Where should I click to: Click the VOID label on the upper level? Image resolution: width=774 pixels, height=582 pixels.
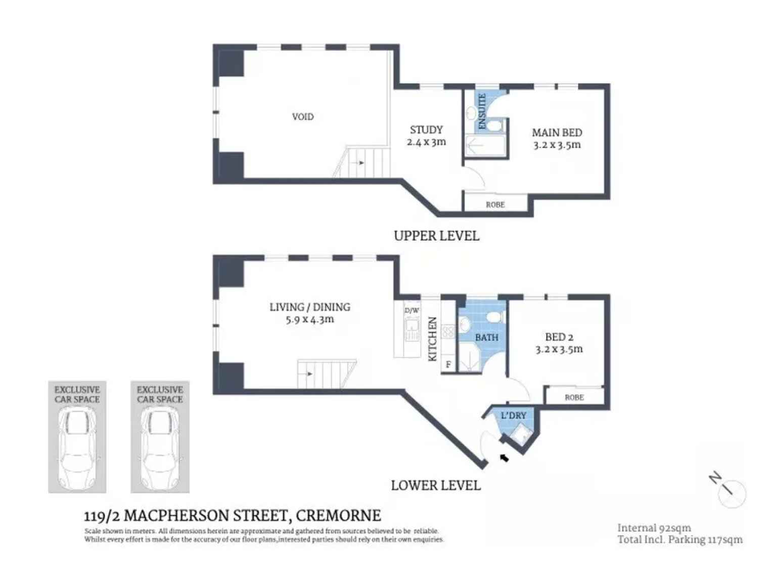tap(302, 117)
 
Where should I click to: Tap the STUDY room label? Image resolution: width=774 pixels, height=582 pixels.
tap(426, 130)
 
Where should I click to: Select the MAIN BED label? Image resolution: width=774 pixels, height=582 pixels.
tap(557, 133)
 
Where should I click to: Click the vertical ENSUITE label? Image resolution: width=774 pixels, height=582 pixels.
tap(482, 111)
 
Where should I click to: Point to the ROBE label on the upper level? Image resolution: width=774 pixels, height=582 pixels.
tap(495, 205)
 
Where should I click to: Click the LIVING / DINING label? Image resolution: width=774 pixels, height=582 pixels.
tap(309, 307)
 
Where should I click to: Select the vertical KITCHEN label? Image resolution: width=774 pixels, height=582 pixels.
tap(433, 339)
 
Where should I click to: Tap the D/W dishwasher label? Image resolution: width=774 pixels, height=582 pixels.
tap(412, 310)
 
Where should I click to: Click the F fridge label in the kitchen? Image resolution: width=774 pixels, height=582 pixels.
tap(448, 364)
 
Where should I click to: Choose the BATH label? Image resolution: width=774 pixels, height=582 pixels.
tap(486, 338)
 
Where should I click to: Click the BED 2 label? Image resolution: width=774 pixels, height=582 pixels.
tap(559, 337)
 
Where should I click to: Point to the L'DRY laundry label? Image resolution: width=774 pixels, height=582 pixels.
tap(513, 415)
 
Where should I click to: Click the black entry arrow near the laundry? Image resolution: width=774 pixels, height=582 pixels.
tap(504, 458)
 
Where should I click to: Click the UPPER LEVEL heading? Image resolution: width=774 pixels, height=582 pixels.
tap(436, 236)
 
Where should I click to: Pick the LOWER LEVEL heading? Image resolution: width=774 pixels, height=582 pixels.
tap(435, 485)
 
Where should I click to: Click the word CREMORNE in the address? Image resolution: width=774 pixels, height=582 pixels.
tap(338, 516)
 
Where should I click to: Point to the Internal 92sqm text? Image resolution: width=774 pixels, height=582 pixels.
tap(654, 528)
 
